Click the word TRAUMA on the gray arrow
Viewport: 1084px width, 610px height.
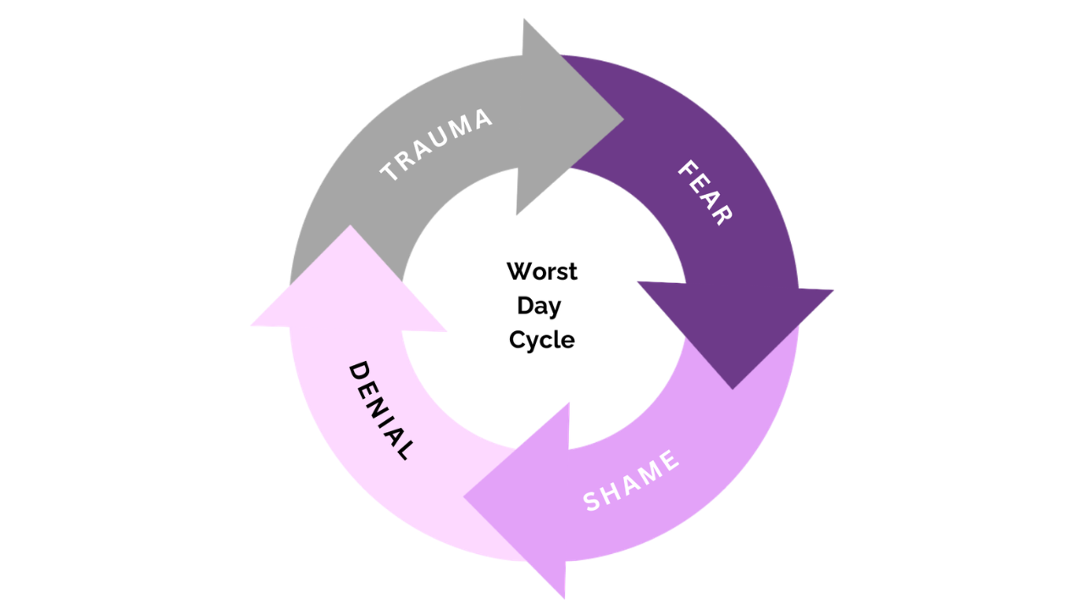click(x=436, y=146)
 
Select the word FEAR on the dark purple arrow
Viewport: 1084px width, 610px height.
click(x=705, y=193)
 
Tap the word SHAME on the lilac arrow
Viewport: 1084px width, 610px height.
click(x=632, y=480)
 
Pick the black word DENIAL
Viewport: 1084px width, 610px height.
click(x=381, y=411)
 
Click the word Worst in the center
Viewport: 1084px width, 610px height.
click(x=542, y=272)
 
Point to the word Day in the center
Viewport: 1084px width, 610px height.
click(x=539, y=306)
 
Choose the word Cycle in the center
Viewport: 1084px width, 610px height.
click(x=542, y=340)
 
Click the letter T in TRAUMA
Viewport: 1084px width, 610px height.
click(x=390, y=173)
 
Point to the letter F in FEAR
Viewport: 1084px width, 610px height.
click(x=687, y=169)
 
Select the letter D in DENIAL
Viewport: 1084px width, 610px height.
click(x=360, y=371)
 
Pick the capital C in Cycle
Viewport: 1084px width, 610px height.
click(x=516, y=340)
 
